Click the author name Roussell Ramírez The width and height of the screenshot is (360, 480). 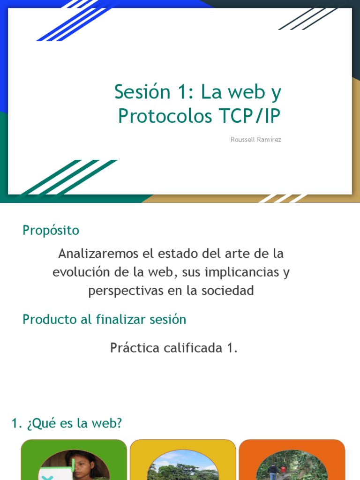point(256,140)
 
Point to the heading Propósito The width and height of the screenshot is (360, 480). point(51,230)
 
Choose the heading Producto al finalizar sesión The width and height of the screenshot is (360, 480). point(104,319)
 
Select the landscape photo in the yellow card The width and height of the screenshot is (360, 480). point(183,467)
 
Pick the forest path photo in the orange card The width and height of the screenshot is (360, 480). point(292,466)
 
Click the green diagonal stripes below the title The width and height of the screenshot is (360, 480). point(70,177)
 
